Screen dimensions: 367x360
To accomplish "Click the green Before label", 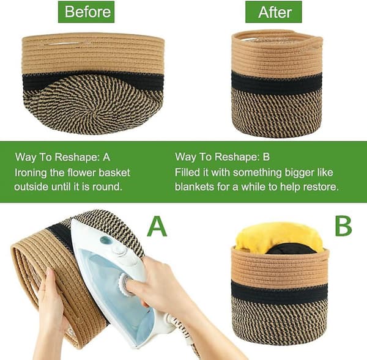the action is (86, 12).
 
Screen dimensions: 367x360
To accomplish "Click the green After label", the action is (273, 12).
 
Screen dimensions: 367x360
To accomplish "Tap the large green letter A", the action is (157, 226).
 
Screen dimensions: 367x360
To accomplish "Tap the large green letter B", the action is (343, 226).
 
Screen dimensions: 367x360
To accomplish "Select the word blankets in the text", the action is (195, 186).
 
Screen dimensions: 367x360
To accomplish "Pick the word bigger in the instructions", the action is (299, 172).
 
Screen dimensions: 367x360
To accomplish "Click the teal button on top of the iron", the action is (106, 240).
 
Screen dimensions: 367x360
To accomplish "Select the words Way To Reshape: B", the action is (222, 157).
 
